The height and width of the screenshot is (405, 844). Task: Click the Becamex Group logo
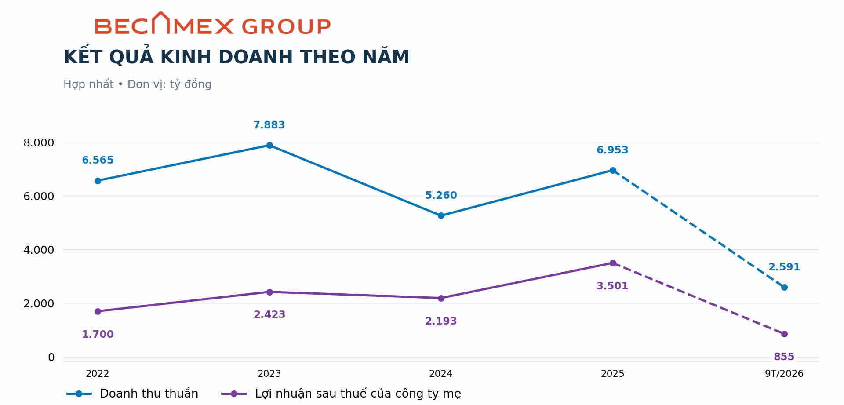(212, 23)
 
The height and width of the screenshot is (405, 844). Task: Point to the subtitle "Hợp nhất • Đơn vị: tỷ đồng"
(138, 84)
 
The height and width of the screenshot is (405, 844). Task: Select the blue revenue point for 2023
(269, 146)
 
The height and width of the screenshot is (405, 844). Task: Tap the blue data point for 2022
(98, 181)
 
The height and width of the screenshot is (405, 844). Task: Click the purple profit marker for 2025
(613, 263)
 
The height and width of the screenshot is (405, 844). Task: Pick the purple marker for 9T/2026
(784, 334)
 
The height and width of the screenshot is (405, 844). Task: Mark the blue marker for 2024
(441, 216)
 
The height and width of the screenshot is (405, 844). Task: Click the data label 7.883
(269, 125)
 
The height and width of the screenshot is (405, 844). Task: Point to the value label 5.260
(441, 195)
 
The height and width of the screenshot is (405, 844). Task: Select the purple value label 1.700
(98, 334)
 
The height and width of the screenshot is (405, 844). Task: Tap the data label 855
(784, 357)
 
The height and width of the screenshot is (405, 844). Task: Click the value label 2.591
(784, 267)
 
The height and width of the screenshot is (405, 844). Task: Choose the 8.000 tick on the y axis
(39, 142)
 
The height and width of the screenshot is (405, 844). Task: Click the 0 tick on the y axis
(51, 358)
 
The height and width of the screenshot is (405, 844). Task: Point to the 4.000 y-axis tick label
(39, 250)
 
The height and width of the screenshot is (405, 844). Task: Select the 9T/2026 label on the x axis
(784, 373)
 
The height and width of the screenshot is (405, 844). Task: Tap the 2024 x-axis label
(441, 373)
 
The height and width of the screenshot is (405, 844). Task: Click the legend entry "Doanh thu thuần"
(132, 394)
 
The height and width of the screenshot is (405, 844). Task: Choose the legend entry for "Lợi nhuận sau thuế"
(341, 394)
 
